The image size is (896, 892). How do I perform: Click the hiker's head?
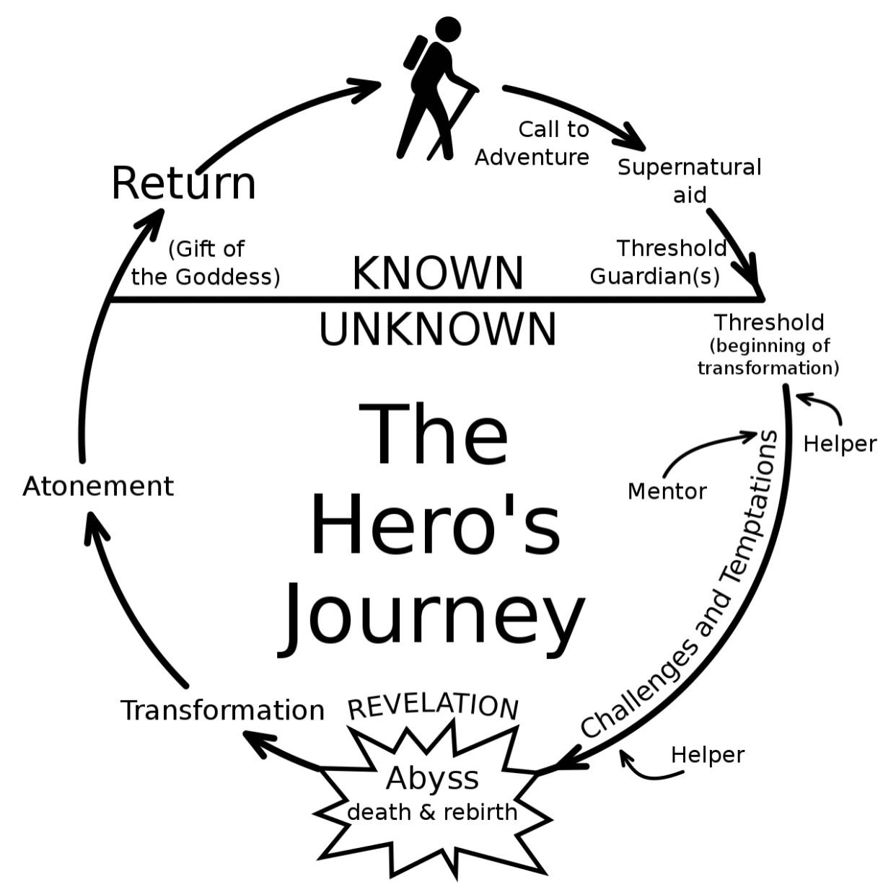click(447, 30)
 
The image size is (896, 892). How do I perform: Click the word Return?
click(184, 183)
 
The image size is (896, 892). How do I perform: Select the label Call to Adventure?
click(533, 143)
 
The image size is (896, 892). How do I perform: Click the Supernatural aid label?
click(689, 180)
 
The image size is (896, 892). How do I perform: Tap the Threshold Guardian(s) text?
click(657, 262)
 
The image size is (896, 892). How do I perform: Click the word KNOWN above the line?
click(438, 273)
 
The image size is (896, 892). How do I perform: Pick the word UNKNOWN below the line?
click(438, 330)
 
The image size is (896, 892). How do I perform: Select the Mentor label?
click(667, 491)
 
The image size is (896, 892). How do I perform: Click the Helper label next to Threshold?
click(840, 443)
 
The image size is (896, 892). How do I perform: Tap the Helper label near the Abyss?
click(707, 754)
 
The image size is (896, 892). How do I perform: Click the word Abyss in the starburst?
click(432, 778)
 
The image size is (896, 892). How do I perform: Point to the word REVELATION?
click(433, 706)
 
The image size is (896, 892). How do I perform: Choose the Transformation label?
click(222, 710)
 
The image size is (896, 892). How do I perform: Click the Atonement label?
click(98, 486)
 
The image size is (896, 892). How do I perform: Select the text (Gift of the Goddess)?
click(206, 263)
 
